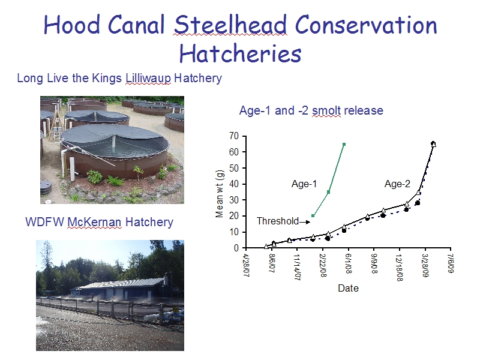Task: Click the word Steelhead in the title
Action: tap(230, 25)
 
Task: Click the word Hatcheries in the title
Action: tap(241, 53)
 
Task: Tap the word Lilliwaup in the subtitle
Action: tap(148, 79)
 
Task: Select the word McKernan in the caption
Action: tap(94, 222)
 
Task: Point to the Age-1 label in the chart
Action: tap(304, 184)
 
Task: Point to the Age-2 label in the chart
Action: tap(397, 184)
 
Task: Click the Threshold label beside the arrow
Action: tap(278, 221)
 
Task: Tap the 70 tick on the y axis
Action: tap(234, 136)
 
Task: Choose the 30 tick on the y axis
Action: tap(234, 200)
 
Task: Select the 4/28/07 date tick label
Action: tap(246, 265)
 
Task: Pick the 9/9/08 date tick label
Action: tap(374, 263)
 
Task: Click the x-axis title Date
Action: tap(348, 288)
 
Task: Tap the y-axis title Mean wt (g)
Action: tap(220, 194)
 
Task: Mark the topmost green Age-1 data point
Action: tap(344, 144)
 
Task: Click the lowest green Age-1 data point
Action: tap(313, 216)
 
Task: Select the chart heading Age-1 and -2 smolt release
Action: tap(311, 110)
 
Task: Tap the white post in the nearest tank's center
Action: tap(114, 140)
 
